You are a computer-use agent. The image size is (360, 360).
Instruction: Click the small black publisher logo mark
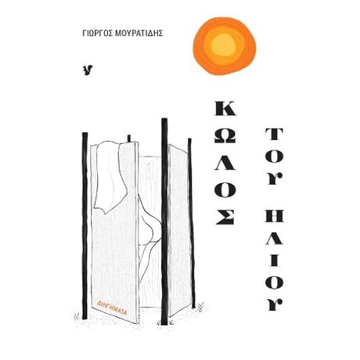click(88, 70)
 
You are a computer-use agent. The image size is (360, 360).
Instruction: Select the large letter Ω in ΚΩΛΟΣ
click(225, 136)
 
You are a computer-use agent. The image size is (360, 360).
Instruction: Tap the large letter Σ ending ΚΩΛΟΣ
click(225, 216)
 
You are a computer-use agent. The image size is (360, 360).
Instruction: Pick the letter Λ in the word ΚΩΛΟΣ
click(225, 162)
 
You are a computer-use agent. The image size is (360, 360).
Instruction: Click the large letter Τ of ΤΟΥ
click(274, 135)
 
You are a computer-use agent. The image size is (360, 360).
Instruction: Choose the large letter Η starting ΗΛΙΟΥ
click(274, 215)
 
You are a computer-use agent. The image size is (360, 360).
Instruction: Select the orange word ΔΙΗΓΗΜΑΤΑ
click(112, 308)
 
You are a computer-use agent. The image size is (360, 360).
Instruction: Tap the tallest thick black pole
click(164, 221)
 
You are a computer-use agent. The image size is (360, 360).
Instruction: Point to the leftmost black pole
click(85, 225)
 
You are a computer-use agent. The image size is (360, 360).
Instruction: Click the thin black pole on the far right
click(191, 223)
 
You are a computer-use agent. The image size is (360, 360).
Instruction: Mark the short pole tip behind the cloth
click(129, 139)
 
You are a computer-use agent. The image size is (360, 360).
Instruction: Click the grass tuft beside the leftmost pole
click(77, 316)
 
